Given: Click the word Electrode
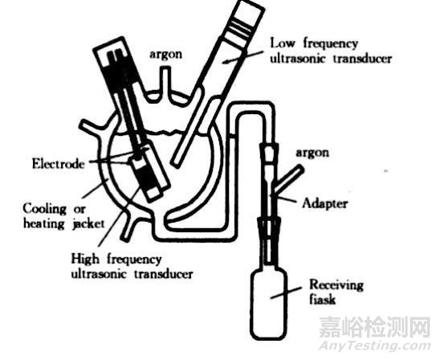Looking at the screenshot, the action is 59,163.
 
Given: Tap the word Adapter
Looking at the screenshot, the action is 325,203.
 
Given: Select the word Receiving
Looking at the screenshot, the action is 336,284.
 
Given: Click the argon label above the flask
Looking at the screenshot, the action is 165,54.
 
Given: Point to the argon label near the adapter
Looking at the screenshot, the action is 312,153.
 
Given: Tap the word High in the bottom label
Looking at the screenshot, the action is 85,259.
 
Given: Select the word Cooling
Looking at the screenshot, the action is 45,209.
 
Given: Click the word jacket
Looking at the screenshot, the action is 88,224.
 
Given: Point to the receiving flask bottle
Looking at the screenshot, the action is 270,305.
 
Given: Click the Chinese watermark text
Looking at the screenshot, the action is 375,326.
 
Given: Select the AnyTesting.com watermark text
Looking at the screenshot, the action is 375,346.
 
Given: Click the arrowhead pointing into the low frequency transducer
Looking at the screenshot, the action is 226,61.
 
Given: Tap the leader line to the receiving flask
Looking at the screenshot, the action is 286,292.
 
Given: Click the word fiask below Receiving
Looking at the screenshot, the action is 322,299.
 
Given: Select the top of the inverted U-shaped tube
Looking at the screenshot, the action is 251,108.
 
